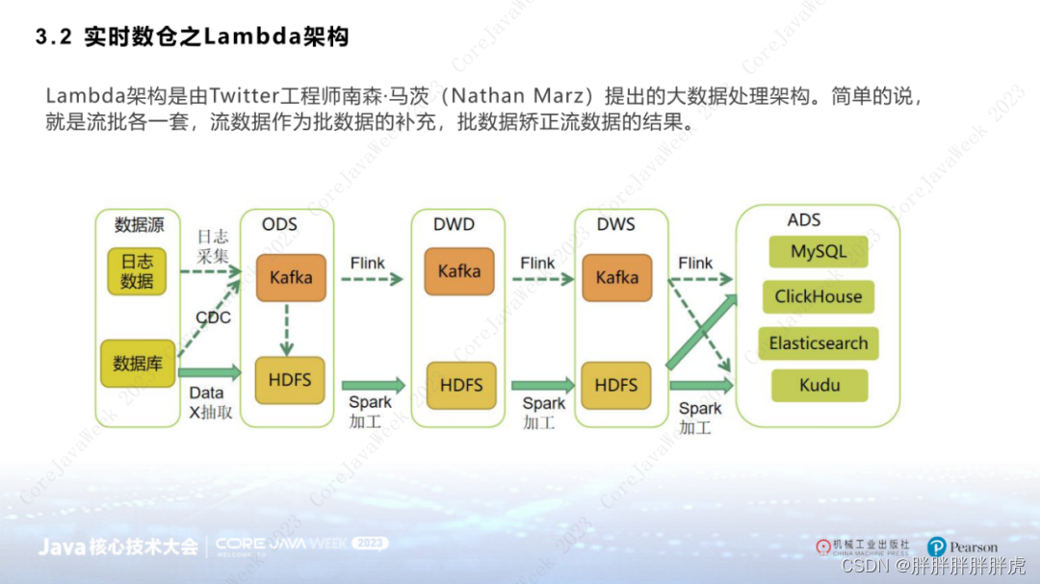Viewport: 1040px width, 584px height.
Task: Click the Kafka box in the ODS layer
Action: pyautogui.click(x=291, y=277)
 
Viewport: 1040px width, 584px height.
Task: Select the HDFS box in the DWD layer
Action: pyautogui.click(x=459, y=385)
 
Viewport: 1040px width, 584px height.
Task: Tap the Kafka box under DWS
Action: pyautogui.click(x=616, y=277)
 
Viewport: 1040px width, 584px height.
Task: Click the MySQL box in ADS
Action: pyautogui.click(x=819, y=252)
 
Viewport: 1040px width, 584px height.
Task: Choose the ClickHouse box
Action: pyautogui.click(x=819, y=297)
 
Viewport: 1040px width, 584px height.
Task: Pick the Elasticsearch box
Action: pyautogui.click(x=819, y=343)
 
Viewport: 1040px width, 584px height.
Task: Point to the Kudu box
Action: pyautogui.click(x=819, y=386)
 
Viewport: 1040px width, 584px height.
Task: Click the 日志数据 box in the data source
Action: pyautogui.click(x=137, y=271)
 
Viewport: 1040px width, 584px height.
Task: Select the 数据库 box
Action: pyautogui.click(x=137, y=364)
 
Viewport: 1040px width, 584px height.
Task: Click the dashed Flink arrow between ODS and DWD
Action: pyautogui.click(x=371, y=279)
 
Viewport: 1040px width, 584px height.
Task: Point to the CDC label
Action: pyautogui.click(x=213, y=317)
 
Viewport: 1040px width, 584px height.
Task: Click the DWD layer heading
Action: pyautogui.click(x=454, y=224)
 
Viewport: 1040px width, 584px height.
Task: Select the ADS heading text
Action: pyautogui.click(x=804, y=220)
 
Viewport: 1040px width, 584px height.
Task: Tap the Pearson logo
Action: pyautogui.click(x=962, y=547)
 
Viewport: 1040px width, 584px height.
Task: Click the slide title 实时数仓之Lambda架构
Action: pyautogui.click(x=216, y=38)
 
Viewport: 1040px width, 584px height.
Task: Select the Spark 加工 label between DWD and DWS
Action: pyautogui.click(x=543, y=413)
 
